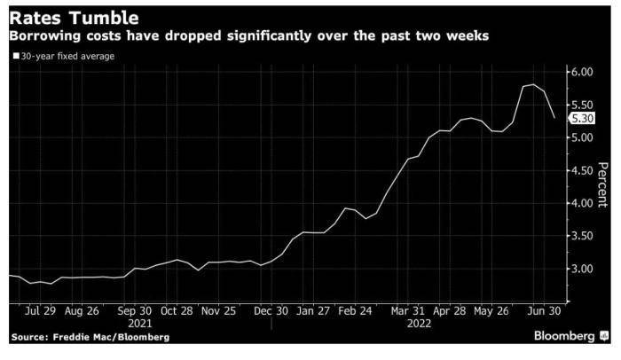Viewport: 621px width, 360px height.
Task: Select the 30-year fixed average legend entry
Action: coord(67,56)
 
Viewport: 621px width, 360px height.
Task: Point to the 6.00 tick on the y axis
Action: coord(581,72)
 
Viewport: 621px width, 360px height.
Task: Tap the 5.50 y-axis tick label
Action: coord(581,105)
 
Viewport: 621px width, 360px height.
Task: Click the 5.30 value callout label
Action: coord(582,118)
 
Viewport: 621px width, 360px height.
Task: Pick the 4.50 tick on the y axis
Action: coord(581,170)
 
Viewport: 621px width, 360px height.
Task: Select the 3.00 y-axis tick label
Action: coord(581,268)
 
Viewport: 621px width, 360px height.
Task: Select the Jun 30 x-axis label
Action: coord(543,311)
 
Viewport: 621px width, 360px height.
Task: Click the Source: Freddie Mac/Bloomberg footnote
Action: coord(90,337)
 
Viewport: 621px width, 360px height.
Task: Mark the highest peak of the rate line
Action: coord(533,84)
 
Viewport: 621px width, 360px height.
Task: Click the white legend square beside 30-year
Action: coord(15,56)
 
